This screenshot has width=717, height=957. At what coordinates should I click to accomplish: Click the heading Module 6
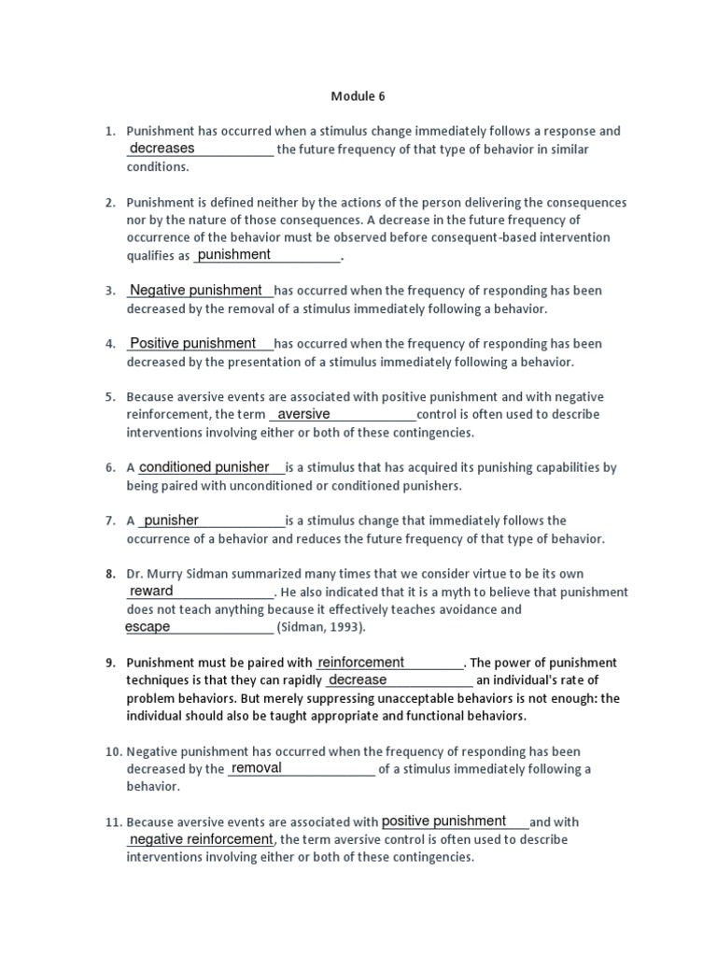(358, 96)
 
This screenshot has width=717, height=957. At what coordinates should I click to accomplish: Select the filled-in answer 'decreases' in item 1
(162, 149)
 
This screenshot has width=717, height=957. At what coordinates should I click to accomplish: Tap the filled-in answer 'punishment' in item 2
(234, 255)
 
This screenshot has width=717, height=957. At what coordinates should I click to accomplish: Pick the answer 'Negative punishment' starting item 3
(196, 291)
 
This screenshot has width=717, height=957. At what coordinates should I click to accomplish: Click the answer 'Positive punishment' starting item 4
(193, 344)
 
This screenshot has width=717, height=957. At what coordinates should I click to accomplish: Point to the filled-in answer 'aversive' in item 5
(304, 414)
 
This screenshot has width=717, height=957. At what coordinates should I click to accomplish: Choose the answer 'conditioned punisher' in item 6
(204, 467)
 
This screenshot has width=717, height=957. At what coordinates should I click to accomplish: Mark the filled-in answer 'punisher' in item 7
(172, 521)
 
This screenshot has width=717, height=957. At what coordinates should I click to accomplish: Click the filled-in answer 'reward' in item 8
(151, 592)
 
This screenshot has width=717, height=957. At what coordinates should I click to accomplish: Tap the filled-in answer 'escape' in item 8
(148, 627)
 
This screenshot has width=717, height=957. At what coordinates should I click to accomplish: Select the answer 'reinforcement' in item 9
(361, 663)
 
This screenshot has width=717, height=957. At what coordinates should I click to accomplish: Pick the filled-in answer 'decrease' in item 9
(358, 680)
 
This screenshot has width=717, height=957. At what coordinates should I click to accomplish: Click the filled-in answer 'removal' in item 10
(257, 768)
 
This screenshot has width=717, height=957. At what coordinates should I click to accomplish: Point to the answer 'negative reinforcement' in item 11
(201, 839)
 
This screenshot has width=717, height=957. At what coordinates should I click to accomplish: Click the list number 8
(109, 574)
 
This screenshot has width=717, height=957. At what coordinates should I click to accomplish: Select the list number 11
(112, 822)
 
